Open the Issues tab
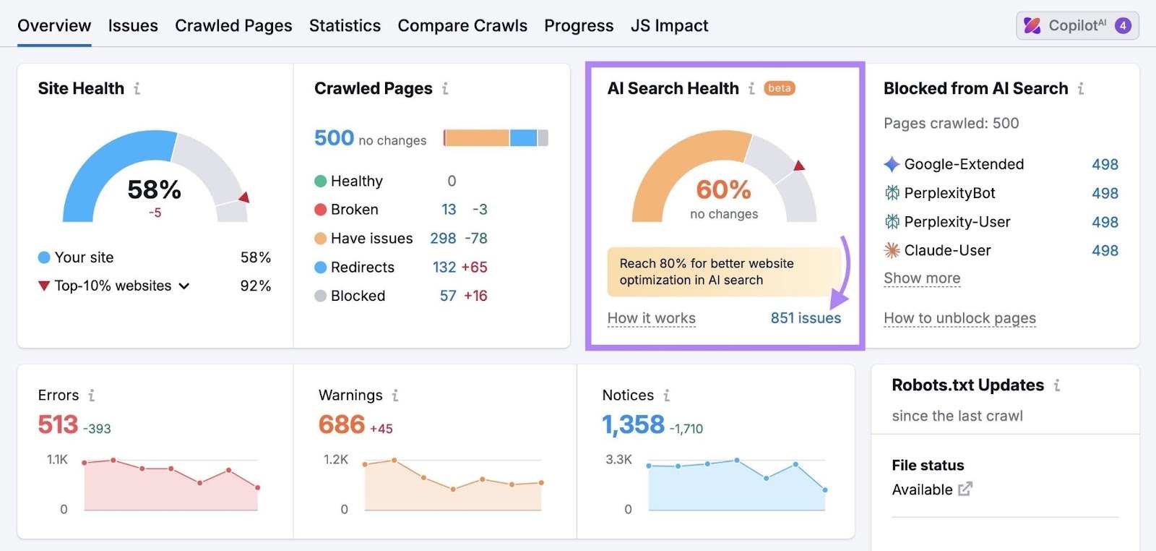point(133,26)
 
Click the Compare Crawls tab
point(462,26)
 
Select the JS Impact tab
point(669,26)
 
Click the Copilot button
point(1077,26)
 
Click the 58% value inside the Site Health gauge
point(154,190)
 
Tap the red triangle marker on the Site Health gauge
point(244,197)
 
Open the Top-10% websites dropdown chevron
point(184,286)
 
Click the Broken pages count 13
point(449,210)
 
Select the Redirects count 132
point(444,268)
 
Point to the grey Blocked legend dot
point(321,296)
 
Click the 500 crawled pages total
point(334,138)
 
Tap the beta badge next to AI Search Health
point(780,88)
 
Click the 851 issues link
point(806,318)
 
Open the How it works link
point(651,318)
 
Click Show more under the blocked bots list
point(922,278)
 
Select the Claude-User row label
point(947,251)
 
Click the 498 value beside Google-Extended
point(1105,165)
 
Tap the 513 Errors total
point(58,424)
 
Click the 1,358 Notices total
point(633,424)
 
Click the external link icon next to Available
point(965,490)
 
